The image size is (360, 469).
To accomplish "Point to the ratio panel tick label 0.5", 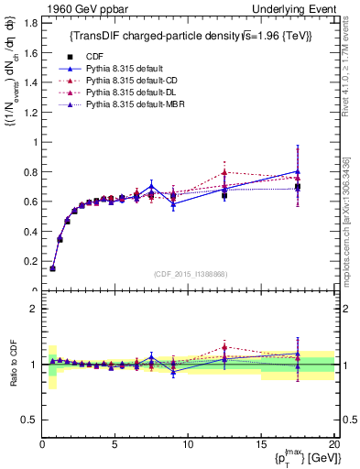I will (x=30, y=420).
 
